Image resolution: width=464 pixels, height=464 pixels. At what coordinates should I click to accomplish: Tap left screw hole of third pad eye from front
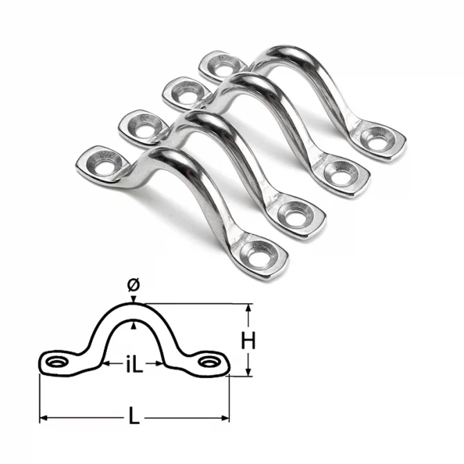186,91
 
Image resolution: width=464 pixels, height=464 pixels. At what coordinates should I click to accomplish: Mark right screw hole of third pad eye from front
337,172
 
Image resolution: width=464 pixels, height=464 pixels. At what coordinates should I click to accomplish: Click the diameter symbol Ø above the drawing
134,284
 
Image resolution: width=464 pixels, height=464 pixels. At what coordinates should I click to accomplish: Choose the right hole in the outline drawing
208,362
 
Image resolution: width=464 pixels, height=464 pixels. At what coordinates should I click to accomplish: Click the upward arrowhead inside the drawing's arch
134,325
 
